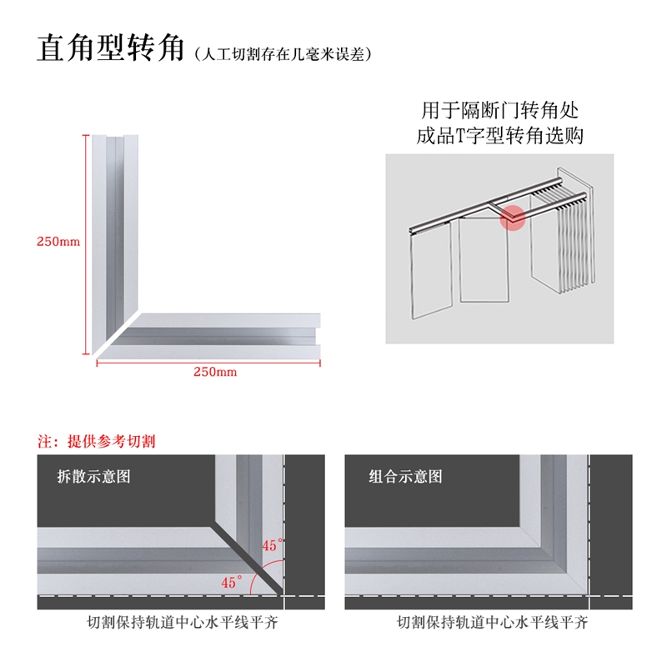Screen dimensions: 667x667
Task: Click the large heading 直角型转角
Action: pos(110,48)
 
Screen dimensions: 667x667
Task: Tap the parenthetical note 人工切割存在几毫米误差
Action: pos(283,54)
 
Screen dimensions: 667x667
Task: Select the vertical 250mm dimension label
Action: pos(58,242)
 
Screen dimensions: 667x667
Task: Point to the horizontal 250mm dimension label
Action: pos(215,372)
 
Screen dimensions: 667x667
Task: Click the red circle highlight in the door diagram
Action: pos(513,218)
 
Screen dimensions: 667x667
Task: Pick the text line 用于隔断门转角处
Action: pos(499,111)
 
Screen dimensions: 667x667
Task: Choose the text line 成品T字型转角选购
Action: pos(499,136)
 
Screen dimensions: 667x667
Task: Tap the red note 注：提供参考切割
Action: pos(97,441)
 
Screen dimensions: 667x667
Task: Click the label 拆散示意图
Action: pos(93,476)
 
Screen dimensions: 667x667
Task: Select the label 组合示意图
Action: pos(405,476)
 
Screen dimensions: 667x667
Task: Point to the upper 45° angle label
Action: pos(273,545)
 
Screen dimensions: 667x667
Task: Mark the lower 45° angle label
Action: pos(232,581)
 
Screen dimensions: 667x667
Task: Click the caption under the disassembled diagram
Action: pos(183,622)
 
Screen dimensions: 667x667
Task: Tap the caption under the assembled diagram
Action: pos(493,622)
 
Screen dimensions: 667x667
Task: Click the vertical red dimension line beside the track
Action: pos(87,244)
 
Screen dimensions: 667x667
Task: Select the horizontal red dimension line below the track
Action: pos(208,363)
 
